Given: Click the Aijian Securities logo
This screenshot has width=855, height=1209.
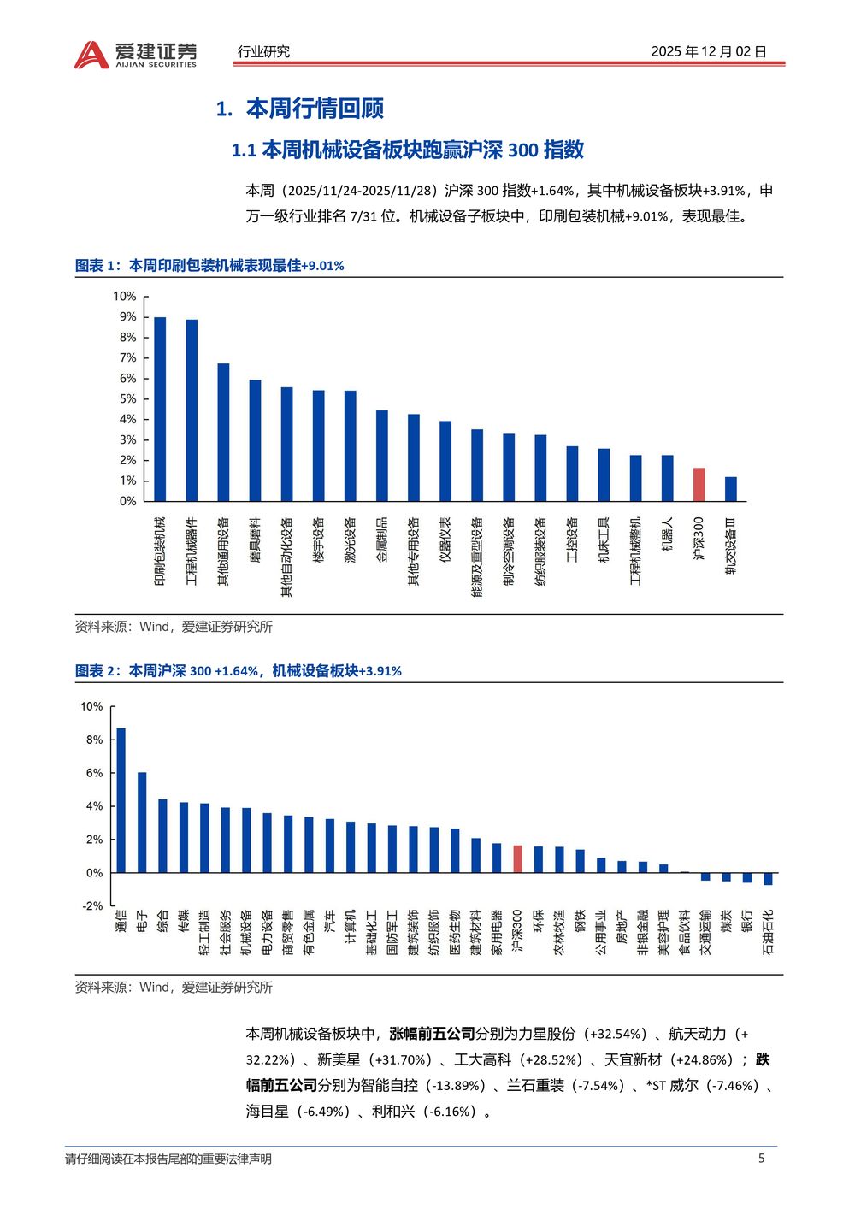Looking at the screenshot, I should (135, 55).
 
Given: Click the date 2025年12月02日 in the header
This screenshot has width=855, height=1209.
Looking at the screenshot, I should (709, 51).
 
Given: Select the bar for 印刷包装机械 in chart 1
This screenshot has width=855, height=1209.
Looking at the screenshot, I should (160, 409).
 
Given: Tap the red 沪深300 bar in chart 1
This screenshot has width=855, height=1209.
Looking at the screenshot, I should (699, 484).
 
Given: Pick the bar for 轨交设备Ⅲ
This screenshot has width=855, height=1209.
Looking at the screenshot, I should (731, 489).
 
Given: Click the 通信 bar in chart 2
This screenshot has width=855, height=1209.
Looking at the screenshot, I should (121, 799).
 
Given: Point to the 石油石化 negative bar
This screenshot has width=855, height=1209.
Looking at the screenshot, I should (768, 878).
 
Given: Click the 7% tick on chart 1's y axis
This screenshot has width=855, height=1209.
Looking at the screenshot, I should (127, 357).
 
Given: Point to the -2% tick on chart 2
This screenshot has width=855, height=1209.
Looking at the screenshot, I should (92, 905).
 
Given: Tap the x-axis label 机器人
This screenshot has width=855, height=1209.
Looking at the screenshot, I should (668, 534).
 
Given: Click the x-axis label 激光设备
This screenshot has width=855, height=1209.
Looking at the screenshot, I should (351, 540).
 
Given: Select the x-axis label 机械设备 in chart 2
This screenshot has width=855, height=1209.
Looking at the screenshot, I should (246, 932).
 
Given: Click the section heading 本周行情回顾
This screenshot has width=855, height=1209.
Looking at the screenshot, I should (315, 109).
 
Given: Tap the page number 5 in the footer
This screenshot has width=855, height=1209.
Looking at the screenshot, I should (761, 1159).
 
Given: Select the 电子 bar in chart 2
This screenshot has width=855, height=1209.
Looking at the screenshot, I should (142, 823).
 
